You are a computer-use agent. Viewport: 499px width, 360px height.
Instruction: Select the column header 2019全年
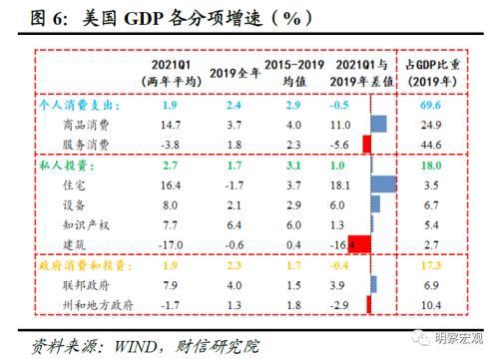(237, 72)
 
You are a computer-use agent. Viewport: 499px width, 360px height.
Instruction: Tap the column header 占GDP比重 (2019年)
(433, 72)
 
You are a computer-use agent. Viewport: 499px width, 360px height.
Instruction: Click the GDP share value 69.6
(433, 105)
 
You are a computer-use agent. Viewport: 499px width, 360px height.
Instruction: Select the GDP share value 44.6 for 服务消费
(433, 144)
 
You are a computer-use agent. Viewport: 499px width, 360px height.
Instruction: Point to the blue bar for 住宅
(383, 183)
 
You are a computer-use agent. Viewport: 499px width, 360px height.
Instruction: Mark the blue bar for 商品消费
(378, 124)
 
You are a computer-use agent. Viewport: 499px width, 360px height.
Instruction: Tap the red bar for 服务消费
(366, 144)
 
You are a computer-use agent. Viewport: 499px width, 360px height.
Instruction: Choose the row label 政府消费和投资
(82, 264)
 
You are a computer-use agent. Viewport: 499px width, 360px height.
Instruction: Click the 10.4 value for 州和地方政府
(433, 303)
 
